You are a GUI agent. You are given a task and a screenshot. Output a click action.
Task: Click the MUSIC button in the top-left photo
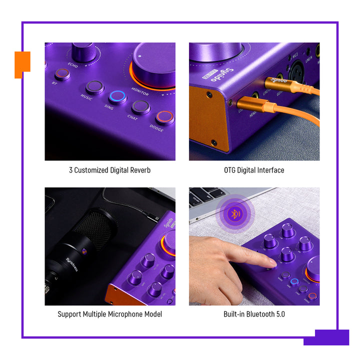pos(94,87)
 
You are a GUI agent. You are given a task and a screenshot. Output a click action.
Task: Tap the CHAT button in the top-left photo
pos(140,107)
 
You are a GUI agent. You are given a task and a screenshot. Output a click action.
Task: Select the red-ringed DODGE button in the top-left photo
pos(164,117)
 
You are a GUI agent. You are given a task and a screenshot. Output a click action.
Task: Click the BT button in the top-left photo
pos(62,74)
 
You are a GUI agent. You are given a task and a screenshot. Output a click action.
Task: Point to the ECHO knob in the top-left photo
pos(83,51)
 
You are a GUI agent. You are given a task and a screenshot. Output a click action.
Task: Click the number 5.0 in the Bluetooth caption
pos(278,314)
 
